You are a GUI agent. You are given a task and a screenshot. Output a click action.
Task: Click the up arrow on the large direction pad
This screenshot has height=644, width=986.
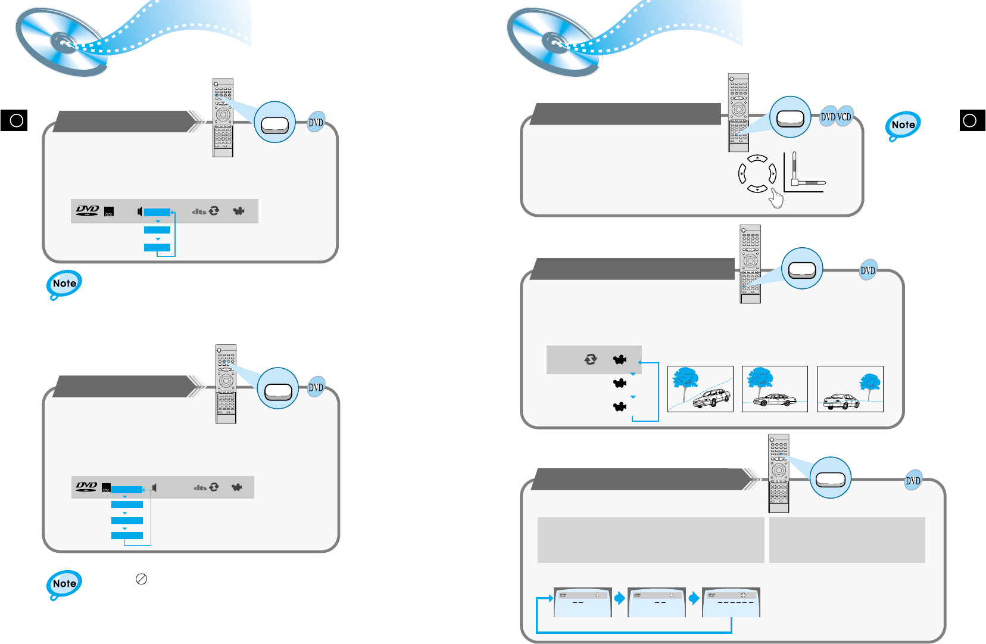[x=757, y=158]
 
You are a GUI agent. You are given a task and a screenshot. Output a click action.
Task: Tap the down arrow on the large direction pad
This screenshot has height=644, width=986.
[x=757, y=189]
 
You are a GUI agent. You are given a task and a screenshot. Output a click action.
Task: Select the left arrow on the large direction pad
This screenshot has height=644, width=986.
[x=742, y=174]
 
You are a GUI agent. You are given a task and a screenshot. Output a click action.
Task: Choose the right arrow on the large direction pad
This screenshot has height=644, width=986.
[x=772, y=174]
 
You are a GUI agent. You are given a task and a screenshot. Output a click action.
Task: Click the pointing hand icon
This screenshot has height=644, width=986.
[x=776, y=198]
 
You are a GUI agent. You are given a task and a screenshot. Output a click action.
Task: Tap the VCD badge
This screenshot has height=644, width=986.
[x=844, y=117]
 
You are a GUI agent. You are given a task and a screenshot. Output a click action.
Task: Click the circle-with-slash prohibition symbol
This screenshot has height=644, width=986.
[x=141, y=579]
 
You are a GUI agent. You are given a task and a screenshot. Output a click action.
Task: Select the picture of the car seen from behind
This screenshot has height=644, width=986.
[x=850, y=389]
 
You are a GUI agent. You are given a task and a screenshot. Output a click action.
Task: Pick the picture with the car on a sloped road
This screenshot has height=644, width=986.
[x=700, y=389]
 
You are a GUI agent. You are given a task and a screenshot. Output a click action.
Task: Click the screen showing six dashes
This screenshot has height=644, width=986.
[x=731, y=602]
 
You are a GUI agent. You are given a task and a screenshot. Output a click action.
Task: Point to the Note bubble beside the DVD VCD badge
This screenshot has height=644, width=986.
[x=903, y=126]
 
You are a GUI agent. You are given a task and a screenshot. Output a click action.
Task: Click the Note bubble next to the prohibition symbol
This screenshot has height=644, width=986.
[x=64, y=584]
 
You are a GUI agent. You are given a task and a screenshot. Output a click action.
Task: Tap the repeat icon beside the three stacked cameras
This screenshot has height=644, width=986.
[x=591, y=359]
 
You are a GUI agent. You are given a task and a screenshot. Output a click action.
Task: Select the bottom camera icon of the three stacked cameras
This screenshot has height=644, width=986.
[x=620, y=407]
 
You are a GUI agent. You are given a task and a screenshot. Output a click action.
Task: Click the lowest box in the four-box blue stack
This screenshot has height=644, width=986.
[x=127, y=536]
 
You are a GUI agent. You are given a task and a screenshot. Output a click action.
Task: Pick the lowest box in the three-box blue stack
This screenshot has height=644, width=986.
[x=157, y=247]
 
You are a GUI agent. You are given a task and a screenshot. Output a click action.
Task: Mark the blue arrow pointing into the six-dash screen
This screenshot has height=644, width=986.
[x=694, y=598]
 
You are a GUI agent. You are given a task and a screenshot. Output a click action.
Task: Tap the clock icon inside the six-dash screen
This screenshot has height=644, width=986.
[x=743, y=595]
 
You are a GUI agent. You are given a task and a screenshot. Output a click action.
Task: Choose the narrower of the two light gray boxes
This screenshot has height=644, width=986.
[x=847, y=540]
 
